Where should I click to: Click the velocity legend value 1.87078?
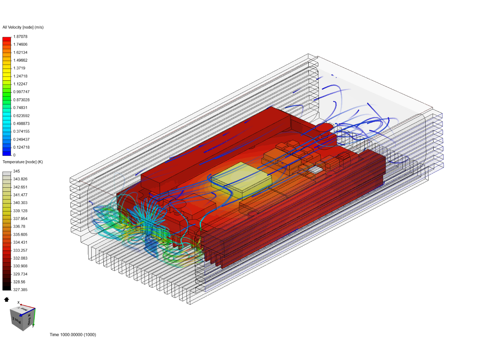[x=20, y=37]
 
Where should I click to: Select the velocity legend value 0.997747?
[x=21, y=92]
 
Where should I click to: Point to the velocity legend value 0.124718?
[x=21, y=147]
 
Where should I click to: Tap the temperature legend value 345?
[x=16, y=171]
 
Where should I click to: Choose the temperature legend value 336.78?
[x=19, y=227]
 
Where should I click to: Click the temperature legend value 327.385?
[x=20, y=290]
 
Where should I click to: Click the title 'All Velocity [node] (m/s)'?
[x=23, y=27]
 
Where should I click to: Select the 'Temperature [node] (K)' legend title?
[x=23, y=162]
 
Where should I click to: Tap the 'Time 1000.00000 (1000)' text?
[x=73, y=335]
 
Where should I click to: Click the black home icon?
[x=6, y=299]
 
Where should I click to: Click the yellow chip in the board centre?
[x=241, y=180]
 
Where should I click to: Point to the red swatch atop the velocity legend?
[x=7, y=39]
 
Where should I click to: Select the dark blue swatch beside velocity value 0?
[x=7, y=153]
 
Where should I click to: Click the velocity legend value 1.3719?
[x=19, y=68]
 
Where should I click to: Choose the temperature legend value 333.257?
[x=20, y=250]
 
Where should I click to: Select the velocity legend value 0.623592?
[x=21, y=116]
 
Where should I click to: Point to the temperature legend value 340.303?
[x=20, y=203]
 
